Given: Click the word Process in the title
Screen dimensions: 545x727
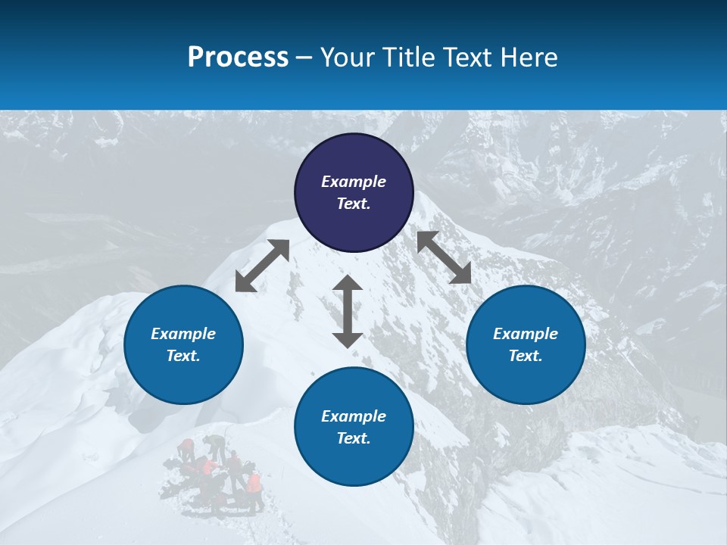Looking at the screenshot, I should pyautogui.click(x=238, y=58).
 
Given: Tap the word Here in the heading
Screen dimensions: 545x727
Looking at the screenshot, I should pyautogui.click(x=528, y=58).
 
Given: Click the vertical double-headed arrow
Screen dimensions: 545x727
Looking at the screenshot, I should pyautogui.click(x=348, y=311).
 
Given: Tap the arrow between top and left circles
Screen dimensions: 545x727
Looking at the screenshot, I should pyautogui.click(x=262, y=266).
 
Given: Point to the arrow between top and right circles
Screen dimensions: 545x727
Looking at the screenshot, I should pyautogui.click(x=445, y=257).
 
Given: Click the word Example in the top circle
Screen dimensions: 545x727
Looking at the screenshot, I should pyautogui.click(x=354, y=182).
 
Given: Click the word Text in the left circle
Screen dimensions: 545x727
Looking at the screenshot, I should pyautogui.click(x=183, y=356).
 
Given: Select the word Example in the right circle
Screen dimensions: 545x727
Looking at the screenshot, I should pyautogui.click(x=526, y=334).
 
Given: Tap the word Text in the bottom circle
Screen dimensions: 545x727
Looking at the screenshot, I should pyautogui.click(x=354, y=438).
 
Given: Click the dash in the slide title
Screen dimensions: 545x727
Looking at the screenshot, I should pyautogui.click(x=304, y=58).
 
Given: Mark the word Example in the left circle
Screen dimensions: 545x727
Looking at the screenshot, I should pyautogui.click(x=183, y=334).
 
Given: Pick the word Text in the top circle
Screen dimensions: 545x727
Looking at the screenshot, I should pyautogui.click(x=354, y=204).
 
